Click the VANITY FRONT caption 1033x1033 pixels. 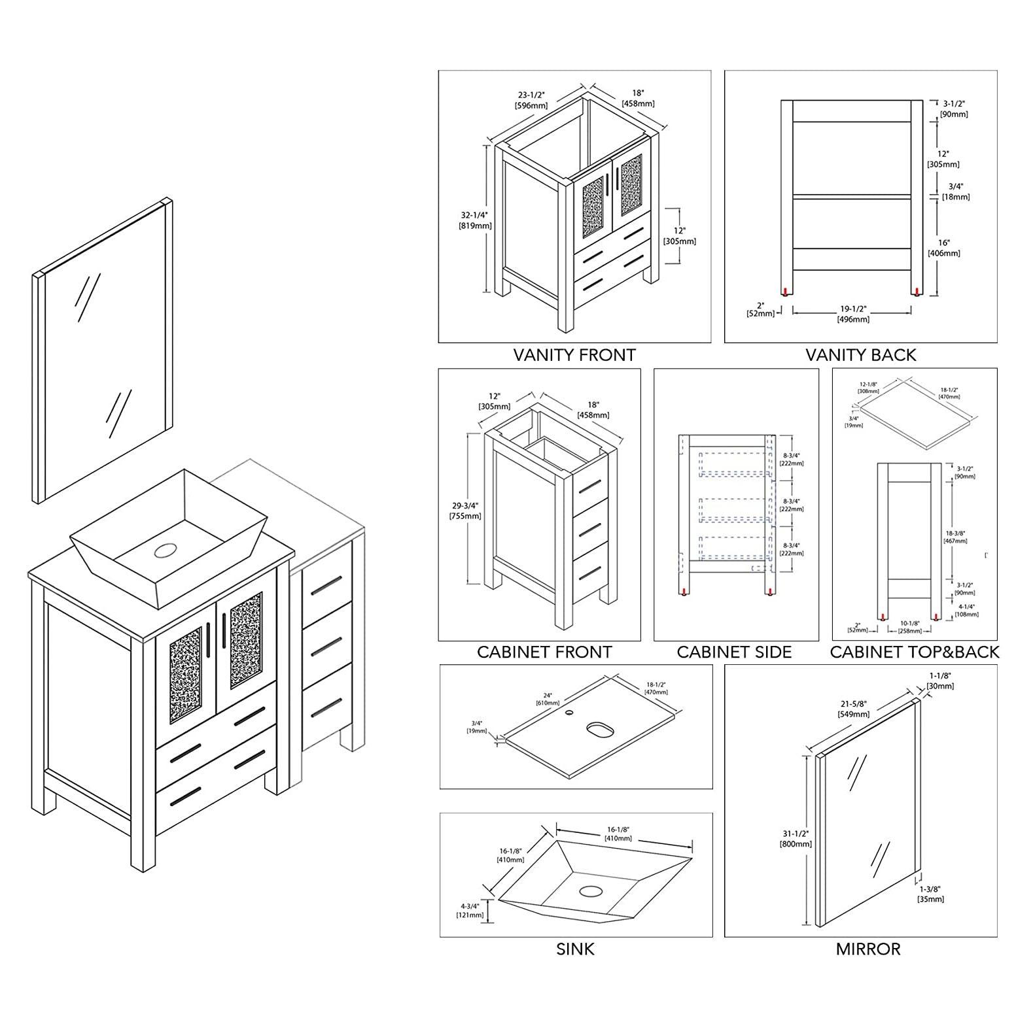tap(574, 355)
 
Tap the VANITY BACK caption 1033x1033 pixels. tap(860, 355)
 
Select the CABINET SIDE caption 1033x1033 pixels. tap(734, 652)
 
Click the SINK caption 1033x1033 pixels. tap(575, 949)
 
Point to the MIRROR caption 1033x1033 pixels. tap(867, 949)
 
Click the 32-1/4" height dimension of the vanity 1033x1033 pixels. tap(475, 220)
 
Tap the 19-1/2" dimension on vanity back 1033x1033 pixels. tap(853, 314)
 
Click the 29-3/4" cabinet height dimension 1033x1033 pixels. tap(464, 511)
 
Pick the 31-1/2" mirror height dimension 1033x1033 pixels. tap(796, 839)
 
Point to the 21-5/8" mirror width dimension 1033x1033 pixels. tap(854, 709)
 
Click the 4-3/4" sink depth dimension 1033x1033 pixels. tap(470, 910)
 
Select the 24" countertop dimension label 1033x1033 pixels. tap(544, 699)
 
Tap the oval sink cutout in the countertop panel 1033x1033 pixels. tap(598, 727)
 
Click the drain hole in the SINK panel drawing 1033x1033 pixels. tap(591, 891)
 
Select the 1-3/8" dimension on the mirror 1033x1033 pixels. tap(931, 894)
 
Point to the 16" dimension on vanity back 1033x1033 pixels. tap(943, 248)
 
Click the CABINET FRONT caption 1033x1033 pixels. tap(544, 652)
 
